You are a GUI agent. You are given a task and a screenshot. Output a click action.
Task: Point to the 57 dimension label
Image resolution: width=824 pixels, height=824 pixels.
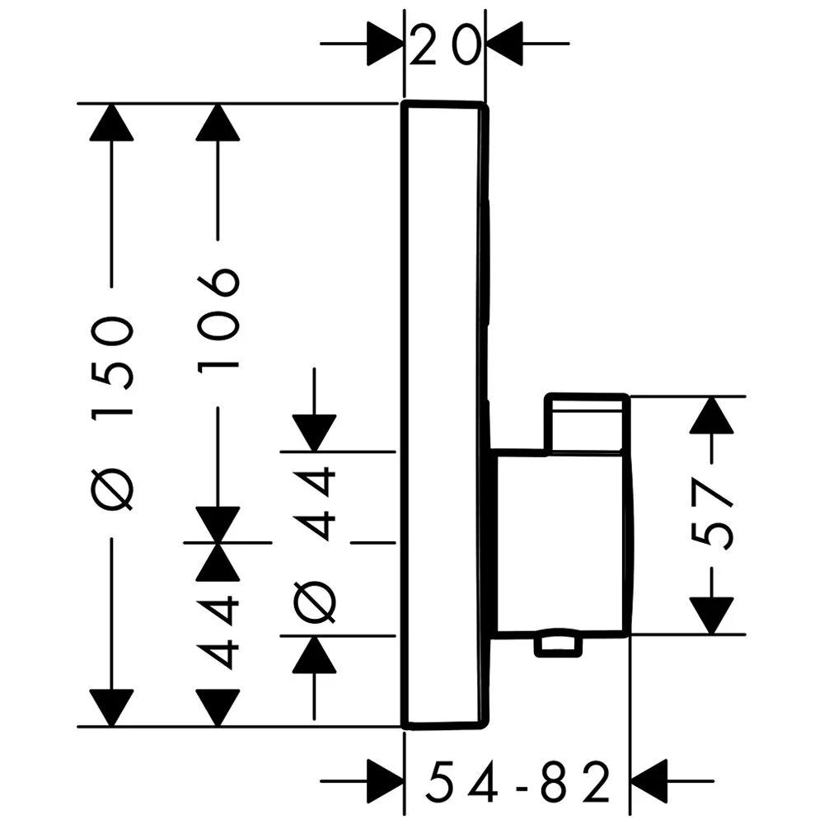(x=712, y=515)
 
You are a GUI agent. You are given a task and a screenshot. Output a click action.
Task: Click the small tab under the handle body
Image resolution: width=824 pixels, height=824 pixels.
(x=557, y=645)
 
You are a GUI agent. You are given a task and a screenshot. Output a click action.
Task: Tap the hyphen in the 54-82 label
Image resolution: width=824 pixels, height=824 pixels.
(x=519, y=783)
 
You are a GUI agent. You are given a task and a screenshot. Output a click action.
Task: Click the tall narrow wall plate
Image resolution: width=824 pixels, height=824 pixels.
(x=443, y=412)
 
